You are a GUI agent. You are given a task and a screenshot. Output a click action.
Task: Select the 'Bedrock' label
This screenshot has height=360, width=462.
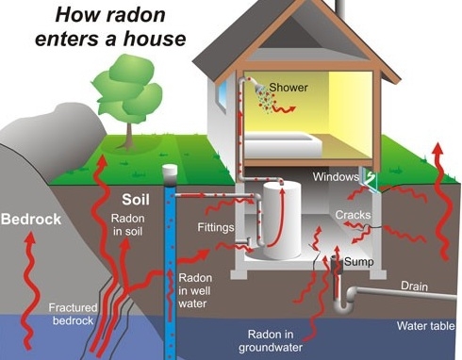(x=30, y=219)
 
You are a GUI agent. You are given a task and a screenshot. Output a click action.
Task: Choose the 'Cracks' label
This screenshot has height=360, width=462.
(x=352, y=215)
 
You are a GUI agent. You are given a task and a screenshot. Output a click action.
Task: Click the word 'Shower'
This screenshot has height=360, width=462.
(x=289, y=88)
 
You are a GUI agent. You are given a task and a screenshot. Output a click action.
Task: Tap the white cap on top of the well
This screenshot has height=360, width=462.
(x=170, y=172)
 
